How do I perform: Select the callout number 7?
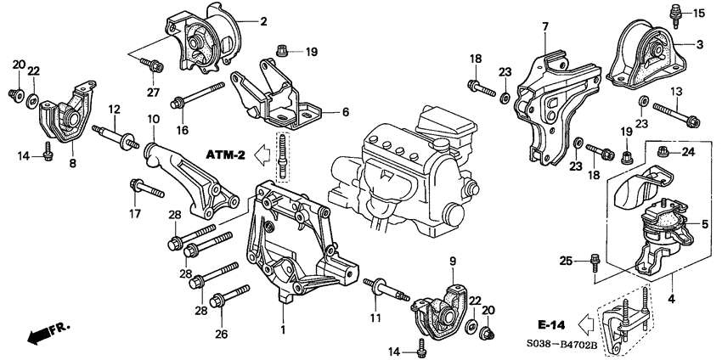point(546,28)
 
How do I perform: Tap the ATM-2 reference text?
point(224,155)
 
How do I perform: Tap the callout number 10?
point(153,119)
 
